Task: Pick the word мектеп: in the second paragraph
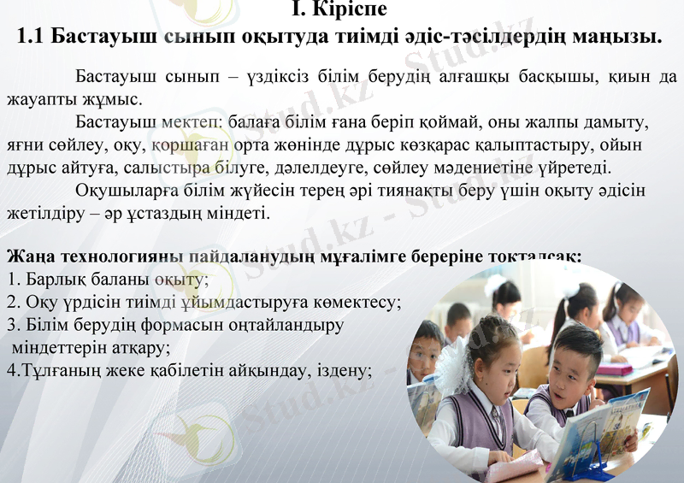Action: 193,124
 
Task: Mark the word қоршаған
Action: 189,144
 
